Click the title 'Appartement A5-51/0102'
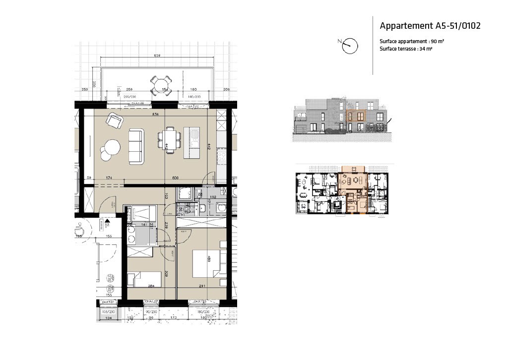click(430, 26)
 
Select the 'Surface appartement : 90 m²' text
click(411, 42)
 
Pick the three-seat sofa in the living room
click(136, 147)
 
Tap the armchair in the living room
click(115, 120)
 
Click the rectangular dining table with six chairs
click(169, 139)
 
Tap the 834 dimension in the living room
click(155, 114)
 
